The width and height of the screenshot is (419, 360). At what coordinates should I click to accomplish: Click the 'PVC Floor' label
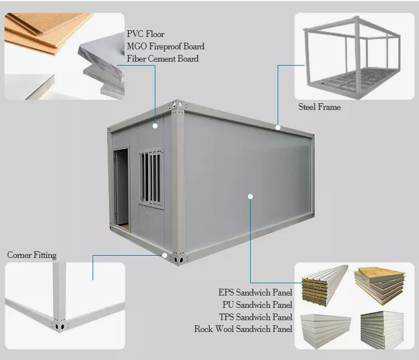145,34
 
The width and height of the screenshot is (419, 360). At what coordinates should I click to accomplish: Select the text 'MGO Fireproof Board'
165,46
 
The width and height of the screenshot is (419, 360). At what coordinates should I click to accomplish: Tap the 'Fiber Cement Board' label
163,58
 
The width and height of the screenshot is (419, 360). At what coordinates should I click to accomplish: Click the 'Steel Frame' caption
320,107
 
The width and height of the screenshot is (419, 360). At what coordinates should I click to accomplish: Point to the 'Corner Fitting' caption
32,255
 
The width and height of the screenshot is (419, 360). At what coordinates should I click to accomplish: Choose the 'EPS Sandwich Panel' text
255,293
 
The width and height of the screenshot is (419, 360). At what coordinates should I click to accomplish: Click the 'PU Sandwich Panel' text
257,304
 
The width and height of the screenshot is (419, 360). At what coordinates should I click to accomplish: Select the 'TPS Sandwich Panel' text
256,317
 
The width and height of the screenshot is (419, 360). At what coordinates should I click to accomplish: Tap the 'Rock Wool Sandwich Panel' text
243,329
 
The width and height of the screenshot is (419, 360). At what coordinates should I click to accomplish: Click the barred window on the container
151,178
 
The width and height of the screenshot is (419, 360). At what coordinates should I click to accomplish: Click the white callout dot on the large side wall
250,197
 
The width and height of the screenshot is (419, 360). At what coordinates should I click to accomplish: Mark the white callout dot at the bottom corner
164,256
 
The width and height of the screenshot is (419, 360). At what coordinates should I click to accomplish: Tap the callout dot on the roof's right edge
278,128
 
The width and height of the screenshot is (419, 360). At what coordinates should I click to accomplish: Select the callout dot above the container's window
155,126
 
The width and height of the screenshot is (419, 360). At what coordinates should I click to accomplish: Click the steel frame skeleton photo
352,57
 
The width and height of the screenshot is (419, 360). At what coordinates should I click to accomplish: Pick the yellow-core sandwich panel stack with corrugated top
324,285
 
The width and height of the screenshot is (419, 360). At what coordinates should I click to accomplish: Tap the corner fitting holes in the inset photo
59,326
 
